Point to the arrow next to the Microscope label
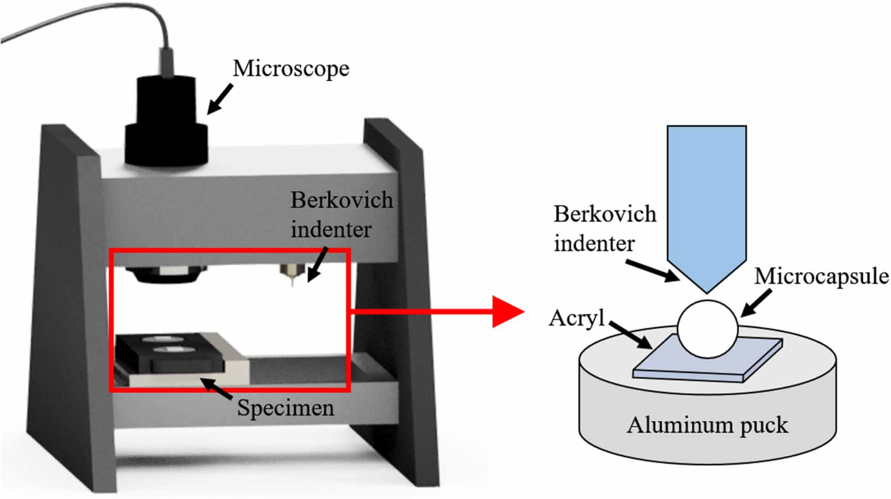click(x=220, y=99)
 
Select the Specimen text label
click(x=285, y=408)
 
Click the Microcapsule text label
click(x=821, y=277)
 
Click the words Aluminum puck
click(x=708, y=426)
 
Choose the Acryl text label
click(x=576, y=318)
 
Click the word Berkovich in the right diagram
click(x=605, y=214)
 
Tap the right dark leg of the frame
click(x=408, y=310)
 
